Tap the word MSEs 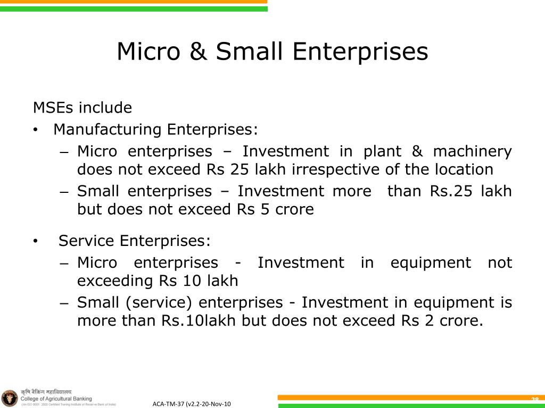click(x=54, y=108)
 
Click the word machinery click(x=472, y=151)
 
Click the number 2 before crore click(x=427, y=321)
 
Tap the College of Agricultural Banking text click(x=56, y=398)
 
